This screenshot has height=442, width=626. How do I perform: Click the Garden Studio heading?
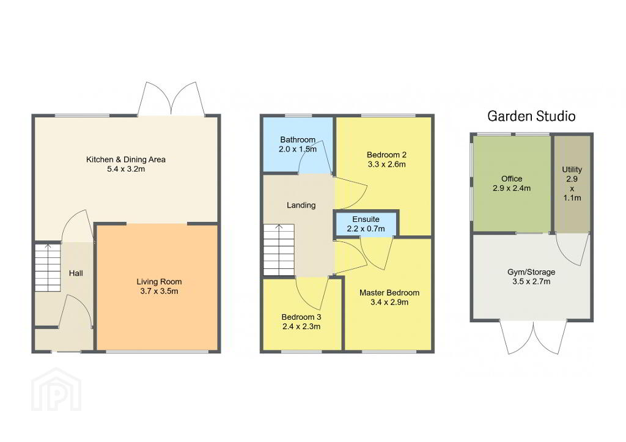tap(531, 116)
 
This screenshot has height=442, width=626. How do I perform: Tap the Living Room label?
tap(159, 281)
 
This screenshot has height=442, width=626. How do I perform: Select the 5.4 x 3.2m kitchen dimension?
tap(126, 169)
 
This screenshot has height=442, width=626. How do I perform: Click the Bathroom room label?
tap(298, 140)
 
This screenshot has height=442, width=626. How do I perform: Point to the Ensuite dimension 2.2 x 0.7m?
tap(366, 229)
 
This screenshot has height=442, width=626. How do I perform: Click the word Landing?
tap(301, 205)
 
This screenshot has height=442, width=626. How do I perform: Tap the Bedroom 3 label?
tap(301, 317)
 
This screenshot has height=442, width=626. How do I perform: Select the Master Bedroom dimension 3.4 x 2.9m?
tap(389, 302)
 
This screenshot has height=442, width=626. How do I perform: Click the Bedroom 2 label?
tap(386, 155)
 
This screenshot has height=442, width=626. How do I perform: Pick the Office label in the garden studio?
tap(512, 179)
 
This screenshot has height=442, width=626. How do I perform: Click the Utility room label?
tap(572, 169)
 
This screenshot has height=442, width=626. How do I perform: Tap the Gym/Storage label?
tap(531, 272)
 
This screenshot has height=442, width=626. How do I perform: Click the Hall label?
tap(76, 273)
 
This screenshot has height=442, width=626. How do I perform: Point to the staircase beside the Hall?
tap(48, 268)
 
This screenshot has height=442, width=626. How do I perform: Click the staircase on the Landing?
tap(279, 250)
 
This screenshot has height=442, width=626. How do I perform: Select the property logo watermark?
tap(56, 389)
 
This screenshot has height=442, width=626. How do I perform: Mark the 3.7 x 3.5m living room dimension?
tap(160, 291)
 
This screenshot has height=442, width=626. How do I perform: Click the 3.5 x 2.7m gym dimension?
tap(531, 281)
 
